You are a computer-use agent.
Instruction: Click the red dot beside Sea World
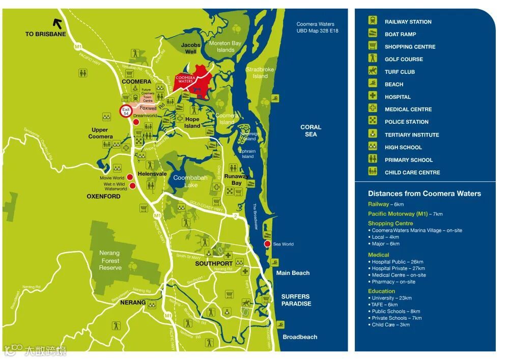point(267,244)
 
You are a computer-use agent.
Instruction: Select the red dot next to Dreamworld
point(136,122)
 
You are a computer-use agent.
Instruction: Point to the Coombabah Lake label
point(186,181)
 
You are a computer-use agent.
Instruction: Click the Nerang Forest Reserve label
point(110,260)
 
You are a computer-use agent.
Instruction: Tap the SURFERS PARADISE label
point(296,300)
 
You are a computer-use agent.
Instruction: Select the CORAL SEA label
point(310,131)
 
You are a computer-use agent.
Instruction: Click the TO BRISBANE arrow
point(58,23)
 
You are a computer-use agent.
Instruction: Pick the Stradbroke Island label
point(260,73)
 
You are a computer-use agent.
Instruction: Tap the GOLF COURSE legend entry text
point(404,60)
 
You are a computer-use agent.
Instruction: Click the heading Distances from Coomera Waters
point(424,193)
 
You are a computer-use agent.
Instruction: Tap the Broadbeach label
point(300,337)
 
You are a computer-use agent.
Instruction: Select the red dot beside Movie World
point(130,177)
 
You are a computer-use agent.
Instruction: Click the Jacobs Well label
point(191,48)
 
